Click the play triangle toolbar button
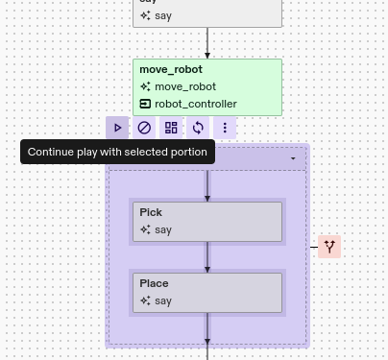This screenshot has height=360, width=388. [x=117, y=128]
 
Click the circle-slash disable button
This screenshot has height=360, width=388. [x=144, y=128]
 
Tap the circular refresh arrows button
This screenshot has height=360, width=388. [x=198, y=128]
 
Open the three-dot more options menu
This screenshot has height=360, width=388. [x=225, y=128]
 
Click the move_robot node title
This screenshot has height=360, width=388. [x=171, y=69]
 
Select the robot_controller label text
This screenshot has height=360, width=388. [x=196, y=104]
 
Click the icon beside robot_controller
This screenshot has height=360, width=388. [x=145, y=104]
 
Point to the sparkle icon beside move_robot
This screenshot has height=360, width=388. [x=145, y=86]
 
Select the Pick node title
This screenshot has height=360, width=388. [x=151, y=212]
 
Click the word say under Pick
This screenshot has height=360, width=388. [x=163, y=229]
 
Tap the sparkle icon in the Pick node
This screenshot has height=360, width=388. [x=145, y=229]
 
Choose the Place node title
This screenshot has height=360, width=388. [x=154, y=283]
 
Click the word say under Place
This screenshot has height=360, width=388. [x=163, y=300]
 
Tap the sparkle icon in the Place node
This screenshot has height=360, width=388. [x=145, y=300]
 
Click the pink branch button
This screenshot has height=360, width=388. [x=329, y=247]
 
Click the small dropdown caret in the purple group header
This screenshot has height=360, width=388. [x=293, y=158]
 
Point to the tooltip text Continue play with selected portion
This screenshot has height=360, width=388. [x=117, y=152]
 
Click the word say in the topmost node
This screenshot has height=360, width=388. [x=163, y=15]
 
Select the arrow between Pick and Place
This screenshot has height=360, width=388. [x=207, y=257]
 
